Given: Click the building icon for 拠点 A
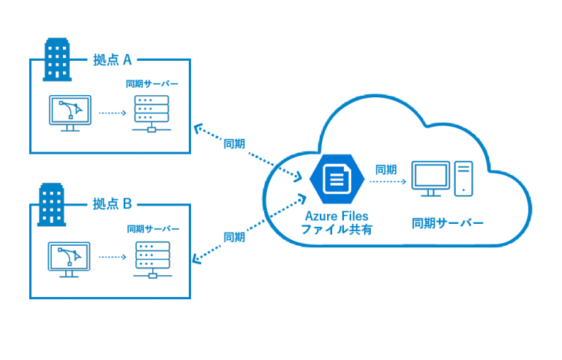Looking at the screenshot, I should pos(58,59).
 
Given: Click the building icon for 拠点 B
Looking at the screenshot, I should pos(51,203).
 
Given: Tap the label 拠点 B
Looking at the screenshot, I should pos(112,203).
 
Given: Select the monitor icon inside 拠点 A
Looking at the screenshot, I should pos(70,112).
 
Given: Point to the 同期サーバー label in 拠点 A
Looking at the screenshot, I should pos(151,84).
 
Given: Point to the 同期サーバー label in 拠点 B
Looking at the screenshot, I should pos(152,229).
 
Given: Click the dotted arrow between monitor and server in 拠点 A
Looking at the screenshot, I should pos(113,113).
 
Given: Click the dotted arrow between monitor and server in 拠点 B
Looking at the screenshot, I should pos(113,257).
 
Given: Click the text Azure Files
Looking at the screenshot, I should pos(337,216).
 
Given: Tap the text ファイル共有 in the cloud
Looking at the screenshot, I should pos(337,230).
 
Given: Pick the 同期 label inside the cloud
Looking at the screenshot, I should pos(386,170).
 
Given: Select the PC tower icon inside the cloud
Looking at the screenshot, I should pos(464,179).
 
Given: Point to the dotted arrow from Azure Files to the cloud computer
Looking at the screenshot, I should pos(387,182).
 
